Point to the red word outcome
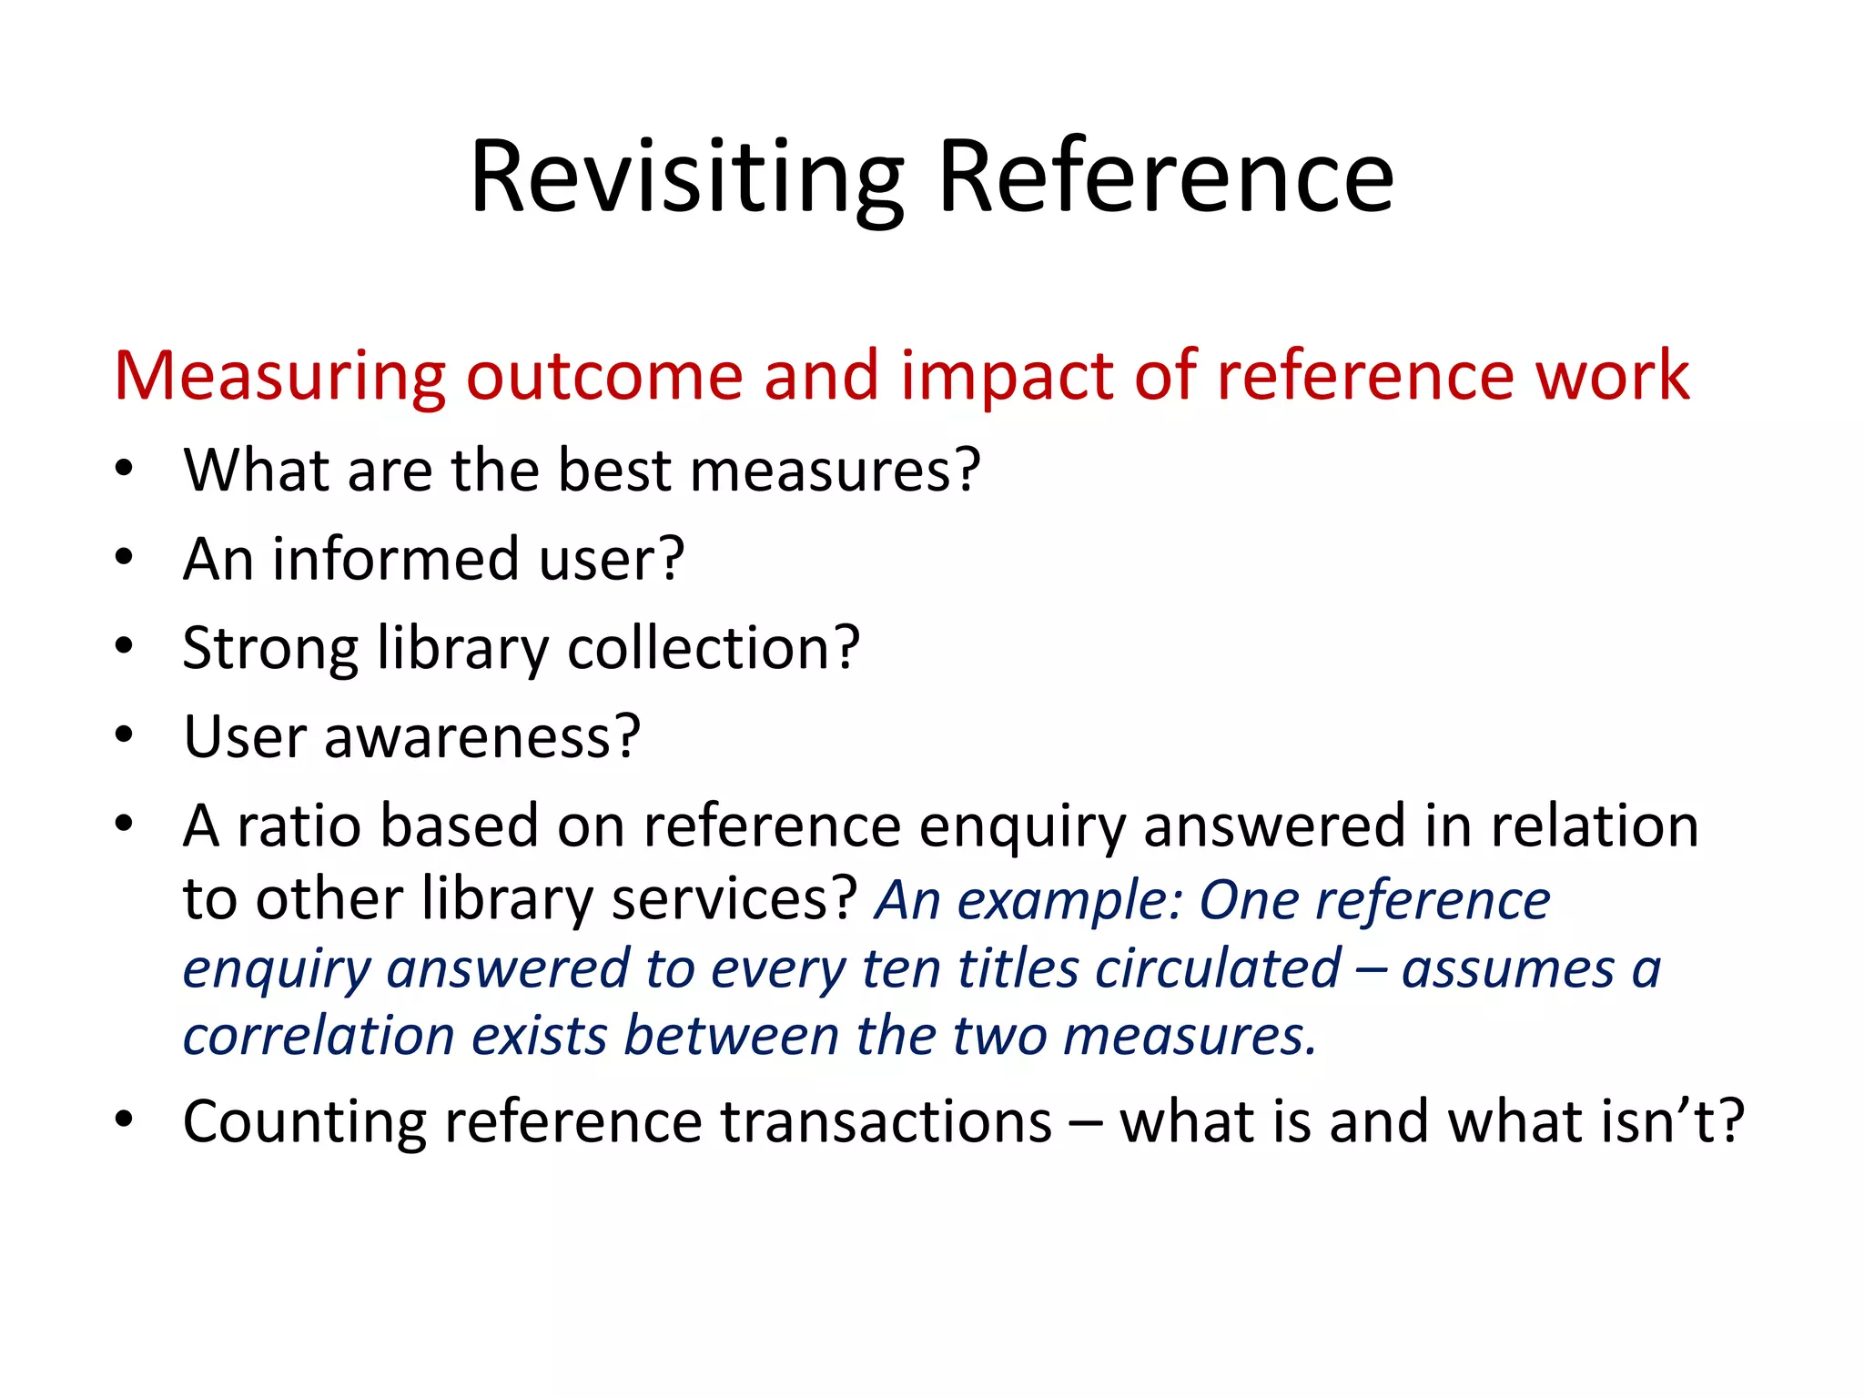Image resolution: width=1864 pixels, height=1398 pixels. click(604, 375)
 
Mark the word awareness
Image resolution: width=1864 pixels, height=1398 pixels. click(482, 736)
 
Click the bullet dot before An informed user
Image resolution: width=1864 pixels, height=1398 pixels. click(125, 557)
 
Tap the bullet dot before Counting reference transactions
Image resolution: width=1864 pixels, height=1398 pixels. click(125, 1119)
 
